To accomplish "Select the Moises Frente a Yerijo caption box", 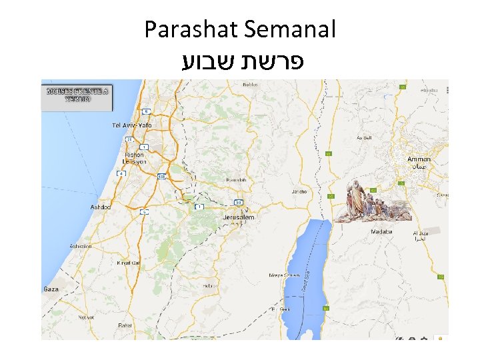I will coord(77,94).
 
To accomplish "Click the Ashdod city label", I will coord(101,206).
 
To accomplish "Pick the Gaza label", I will coord(51,289).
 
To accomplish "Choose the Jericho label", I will coord(298,191).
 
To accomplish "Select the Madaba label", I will coord(381,232).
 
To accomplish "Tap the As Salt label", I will coord(363,137).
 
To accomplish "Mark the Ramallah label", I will coord(237,180).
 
